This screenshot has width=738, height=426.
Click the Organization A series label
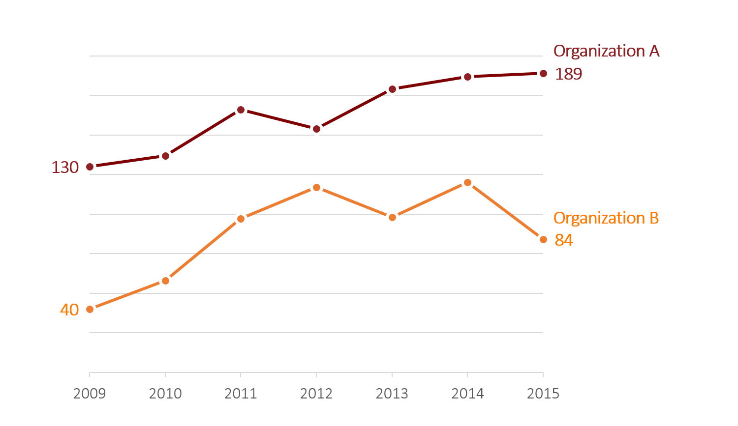point(606,51)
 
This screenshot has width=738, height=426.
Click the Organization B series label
point(606,218)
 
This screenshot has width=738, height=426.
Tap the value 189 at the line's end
point(568,74)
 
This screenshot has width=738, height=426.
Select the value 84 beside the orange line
point(564,240)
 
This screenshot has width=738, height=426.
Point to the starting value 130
point(65,168)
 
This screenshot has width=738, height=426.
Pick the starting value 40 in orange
point(69,310)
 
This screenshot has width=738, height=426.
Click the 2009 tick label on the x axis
point(90,394)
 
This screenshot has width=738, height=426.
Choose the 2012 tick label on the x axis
point(316,394)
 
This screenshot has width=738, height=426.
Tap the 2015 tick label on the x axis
point(543,394)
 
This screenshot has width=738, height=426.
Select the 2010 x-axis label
point(165,394)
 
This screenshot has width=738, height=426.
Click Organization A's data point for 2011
point(241,110)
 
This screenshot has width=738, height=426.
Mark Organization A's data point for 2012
point(316,129)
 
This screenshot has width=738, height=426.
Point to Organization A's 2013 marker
point(392,89)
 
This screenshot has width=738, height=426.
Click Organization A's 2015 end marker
point(543,73)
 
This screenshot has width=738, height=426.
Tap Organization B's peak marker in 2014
point(467,182)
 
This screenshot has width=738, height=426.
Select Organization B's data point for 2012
point(316,187)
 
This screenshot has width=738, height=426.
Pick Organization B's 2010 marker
point(165,281)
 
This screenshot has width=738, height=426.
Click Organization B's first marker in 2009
point(90,309)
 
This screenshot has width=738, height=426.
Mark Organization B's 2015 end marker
point(543,239)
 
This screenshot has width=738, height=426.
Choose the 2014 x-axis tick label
point(467,394)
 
